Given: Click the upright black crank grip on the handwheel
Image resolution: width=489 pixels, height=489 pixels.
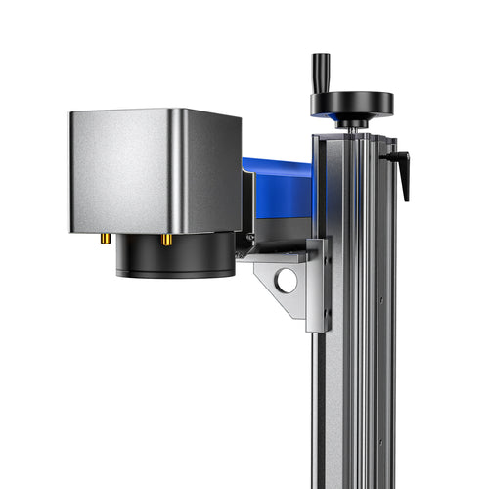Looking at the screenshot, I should click(x=319, y=71).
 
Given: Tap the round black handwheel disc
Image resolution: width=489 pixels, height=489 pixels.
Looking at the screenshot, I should click(x=352, y=103).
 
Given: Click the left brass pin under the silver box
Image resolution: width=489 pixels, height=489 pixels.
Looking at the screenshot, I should click(x=105, y=238).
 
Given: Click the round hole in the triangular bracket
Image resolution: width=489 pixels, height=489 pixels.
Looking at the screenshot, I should click(x=286, y=282).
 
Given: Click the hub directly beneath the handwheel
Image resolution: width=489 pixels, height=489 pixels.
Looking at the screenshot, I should click(x=351, y=122).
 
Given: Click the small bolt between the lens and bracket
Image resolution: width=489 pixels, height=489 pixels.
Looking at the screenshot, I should click(x=250, y=238).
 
